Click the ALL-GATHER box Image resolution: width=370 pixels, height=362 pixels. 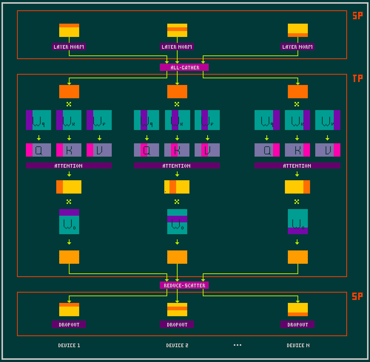[x=184, y=67]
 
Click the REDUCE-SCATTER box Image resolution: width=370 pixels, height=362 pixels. [x=184, y=285]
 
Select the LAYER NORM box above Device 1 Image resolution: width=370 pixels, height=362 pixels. [x=69, y=47]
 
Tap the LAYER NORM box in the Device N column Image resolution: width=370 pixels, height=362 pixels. [x=297, y=47]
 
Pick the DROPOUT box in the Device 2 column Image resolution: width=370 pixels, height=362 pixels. [x=177, y=324]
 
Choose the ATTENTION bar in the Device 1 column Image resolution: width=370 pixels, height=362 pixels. [x=69, y=165]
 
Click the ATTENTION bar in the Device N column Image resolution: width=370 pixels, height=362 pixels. [x=297, y=165]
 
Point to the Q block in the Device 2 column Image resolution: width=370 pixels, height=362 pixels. [x=146, y=150]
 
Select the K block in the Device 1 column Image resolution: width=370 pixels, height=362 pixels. [x=69, y=150]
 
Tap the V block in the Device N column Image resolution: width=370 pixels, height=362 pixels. [x=328, y=150]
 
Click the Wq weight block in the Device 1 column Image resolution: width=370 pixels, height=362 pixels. [x=38, y=120]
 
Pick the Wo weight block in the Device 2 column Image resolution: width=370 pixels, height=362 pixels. [x=177, y=222]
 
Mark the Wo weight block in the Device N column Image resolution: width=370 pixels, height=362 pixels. [x=298, y=222]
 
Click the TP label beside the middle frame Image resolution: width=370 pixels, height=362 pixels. [x=358, y=78]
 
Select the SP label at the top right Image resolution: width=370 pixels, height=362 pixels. [x=358, y=16]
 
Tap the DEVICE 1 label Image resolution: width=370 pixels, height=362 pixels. [x=69, y=345]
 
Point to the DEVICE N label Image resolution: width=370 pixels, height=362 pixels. [x=298, y=345]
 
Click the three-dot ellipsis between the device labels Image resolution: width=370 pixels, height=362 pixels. [x=238, y=345]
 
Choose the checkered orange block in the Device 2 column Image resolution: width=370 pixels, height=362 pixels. [x=177, y=257]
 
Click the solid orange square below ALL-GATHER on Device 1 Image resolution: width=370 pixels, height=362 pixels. [x=69, y=92]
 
